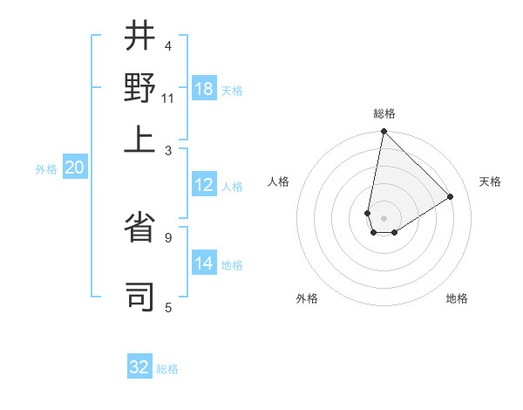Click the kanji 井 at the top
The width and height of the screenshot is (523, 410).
[x=140, y=36]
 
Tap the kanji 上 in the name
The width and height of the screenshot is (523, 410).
[x=140, y=139]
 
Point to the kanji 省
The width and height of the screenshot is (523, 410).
[x=140, y=235]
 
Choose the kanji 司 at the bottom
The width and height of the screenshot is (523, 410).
[x=140, y=295]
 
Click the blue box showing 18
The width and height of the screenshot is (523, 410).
[x=204, y=89]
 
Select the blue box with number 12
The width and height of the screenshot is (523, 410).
[x=204, y=185]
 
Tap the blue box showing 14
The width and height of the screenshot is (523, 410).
[x=204, y=263]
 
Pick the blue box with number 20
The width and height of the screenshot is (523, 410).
[x=74, y=168]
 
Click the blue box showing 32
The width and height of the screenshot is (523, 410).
[x=139, y=367]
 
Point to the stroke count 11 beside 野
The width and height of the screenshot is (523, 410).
[x=168, y=98]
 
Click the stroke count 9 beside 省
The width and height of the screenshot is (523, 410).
[x=168, y=236]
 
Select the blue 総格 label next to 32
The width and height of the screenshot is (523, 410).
[x=167, y=369]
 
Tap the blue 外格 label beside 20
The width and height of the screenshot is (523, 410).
[x=46, y=169]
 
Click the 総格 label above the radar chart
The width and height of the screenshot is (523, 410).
[x=384, y=113]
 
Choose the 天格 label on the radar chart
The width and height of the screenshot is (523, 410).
[x=490, y=181]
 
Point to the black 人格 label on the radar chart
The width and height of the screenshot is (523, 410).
[x=279, y=181]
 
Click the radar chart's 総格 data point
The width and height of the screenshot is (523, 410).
[x=384, y=133]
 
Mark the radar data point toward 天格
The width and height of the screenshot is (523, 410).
[x=451, y=196]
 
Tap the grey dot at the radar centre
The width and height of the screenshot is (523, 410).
[x=384, y=218]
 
